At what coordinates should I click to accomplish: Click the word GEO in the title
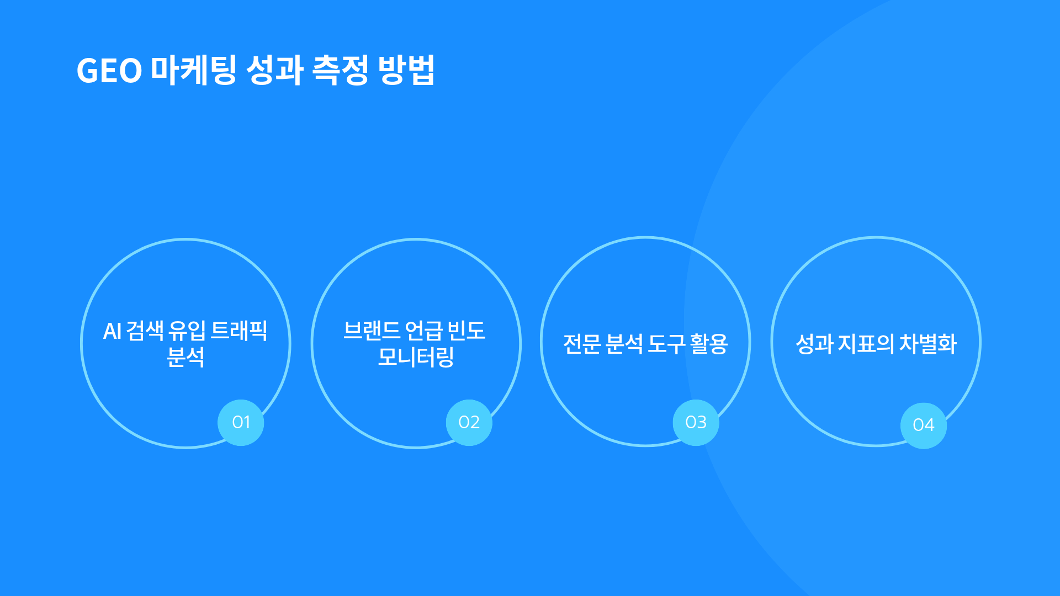pos(109,71)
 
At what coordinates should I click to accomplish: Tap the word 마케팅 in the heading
pos(193,70)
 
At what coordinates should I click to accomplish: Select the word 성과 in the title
pos(274,70)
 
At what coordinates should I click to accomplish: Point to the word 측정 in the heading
pos(340,70)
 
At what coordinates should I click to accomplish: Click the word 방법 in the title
pos(406,70)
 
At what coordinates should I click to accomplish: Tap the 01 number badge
pos(241,422)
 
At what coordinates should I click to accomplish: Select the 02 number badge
pos(469,422)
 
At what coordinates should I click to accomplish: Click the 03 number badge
pos(696,422)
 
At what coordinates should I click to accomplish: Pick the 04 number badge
pos(923,425)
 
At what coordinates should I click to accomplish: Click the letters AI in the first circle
pos(112,331)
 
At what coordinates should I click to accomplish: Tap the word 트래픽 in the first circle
pos(239,331)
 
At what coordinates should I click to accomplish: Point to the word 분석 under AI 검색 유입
pos(185,357)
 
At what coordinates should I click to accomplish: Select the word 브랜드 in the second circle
pos(372,331)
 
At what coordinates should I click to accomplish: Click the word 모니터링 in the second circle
pos(416,357)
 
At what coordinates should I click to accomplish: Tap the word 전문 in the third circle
pos(582,344)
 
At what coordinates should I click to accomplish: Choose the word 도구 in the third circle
pos(666,344)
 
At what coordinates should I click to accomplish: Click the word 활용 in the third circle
pos(709,344)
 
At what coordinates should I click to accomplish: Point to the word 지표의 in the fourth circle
pos(866,344)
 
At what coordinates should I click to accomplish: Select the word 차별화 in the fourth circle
pos(928,344)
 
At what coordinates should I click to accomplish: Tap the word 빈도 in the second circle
pos(466,331)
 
